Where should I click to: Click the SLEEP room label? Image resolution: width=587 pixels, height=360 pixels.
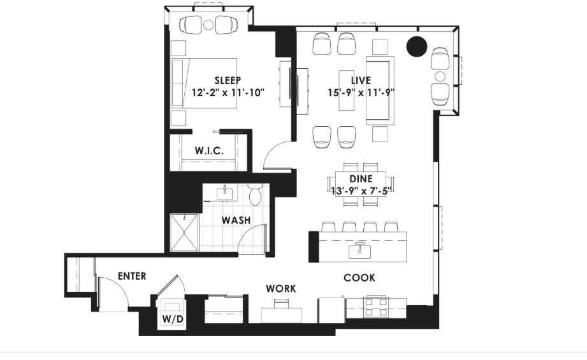[228, 80]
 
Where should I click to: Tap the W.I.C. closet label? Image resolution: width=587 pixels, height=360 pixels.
[209, 151]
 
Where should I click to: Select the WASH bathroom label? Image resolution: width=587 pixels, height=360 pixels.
[236, 220]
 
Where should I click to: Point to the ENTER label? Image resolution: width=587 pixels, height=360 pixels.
[132, 276]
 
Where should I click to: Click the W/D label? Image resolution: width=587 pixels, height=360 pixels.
[173, 319]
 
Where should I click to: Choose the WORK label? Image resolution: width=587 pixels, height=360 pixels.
[281, 289]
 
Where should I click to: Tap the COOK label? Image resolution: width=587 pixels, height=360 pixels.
[359, 278]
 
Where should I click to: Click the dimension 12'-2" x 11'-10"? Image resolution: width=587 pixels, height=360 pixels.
[228, 92]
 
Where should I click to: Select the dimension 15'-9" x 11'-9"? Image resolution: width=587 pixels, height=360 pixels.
[361, 92]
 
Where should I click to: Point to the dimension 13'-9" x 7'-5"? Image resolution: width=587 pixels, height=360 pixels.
[361, 191]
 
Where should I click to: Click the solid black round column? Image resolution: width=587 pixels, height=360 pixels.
[417, 47]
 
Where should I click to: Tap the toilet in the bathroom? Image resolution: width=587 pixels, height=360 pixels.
[256, 194]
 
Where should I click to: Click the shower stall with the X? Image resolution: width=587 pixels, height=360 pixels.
[184, 233]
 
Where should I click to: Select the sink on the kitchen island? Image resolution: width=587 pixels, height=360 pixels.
[359, 251]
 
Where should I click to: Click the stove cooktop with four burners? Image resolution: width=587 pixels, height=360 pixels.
[376, 306]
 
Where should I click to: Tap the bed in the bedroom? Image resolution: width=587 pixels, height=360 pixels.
[204, 83]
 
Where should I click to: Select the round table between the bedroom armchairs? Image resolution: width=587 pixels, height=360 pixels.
[208, 25]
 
